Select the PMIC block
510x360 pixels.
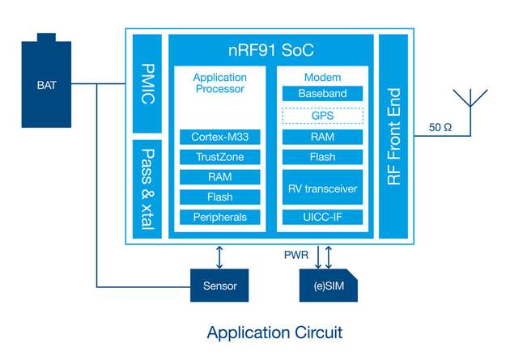(148, 83)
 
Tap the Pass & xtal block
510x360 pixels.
(148, 188)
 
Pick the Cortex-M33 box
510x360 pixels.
(219, 138)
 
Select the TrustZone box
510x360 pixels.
(219, 157)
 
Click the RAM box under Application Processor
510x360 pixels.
(219, 176)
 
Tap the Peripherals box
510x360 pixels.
(219, 217)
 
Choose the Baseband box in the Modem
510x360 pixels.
(321, 94)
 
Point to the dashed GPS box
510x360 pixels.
(321, 116)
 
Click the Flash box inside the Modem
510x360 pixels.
(321, 157)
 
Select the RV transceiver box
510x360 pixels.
(321, 188)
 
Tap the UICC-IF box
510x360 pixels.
(321, 217)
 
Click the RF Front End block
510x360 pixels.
(394, 136)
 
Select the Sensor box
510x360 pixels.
(220, 286)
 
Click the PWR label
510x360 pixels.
(295, 255)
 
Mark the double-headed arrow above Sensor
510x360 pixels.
(220, 255)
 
